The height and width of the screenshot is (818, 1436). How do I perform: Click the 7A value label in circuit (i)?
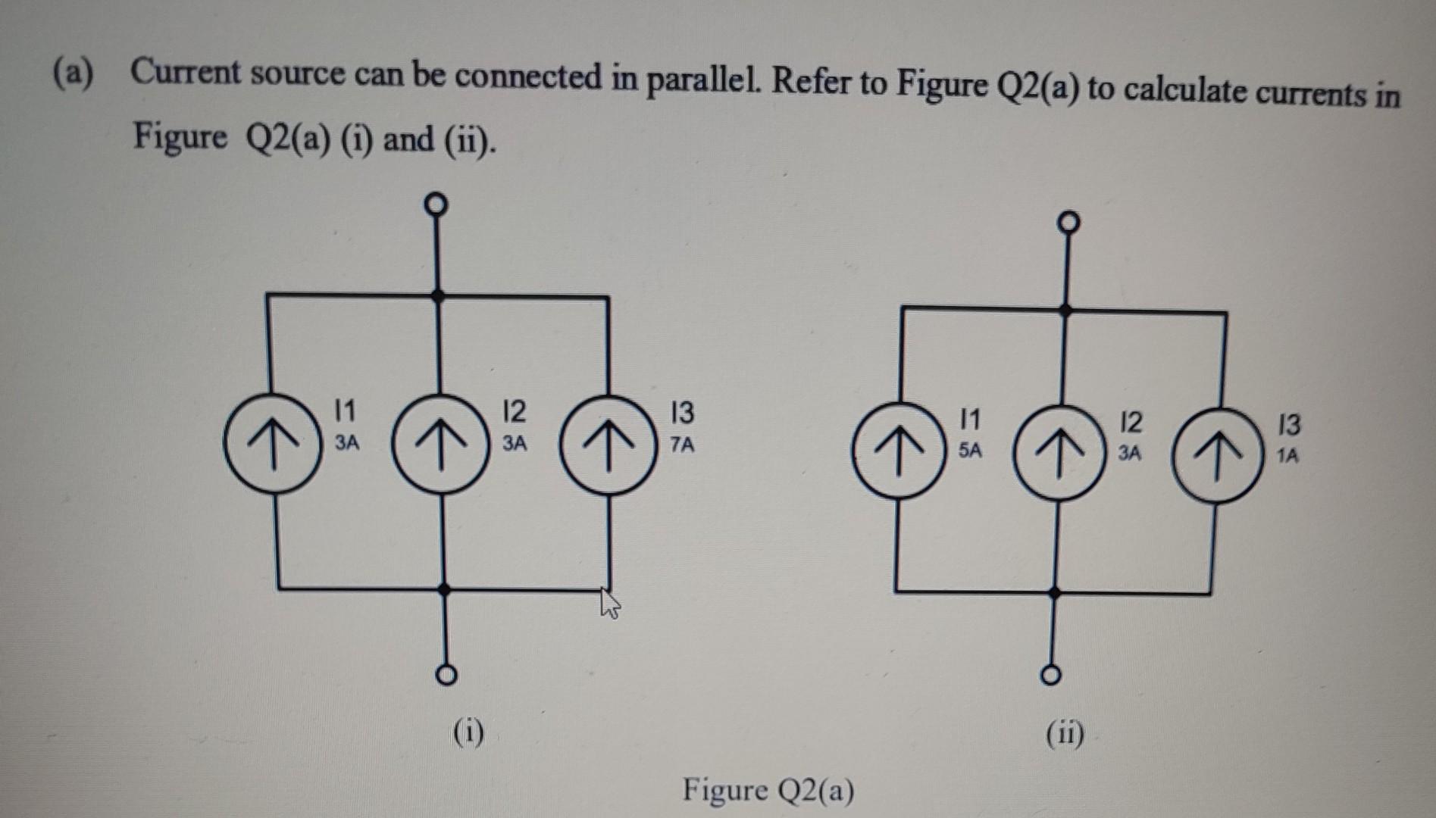(682, 445)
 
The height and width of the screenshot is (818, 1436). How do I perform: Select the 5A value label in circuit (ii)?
(969, 450)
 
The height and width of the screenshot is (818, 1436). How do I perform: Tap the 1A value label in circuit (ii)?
(1287, 455)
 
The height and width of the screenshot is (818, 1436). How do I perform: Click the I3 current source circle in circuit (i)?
(607, 445)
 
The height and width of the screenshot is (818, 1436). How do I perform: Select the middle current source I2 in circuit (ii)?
(1058, 454)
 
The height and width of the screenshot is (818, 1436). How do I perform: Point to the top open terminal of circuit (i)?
(435, 204)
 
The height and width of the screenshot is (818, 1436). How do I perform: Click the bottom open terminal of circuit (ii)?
(1051, 674)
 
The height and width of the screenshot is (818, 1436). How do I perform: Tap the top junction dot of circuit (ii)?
(1065, 310)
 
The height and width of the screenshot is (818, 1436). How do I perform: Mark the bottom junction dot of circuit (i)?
(446, 589)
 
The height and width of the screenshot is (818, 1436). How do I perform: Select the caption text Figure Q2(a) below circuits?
(768, 790)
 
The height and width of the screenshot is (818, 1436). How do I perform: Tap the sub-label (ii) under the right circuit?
(1065, 734)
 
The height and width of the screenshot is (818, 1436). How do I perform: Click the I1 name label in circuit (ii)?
(969, 418)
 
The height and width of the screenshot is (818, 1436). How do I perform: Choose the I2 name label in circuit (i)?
(513, 411)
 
